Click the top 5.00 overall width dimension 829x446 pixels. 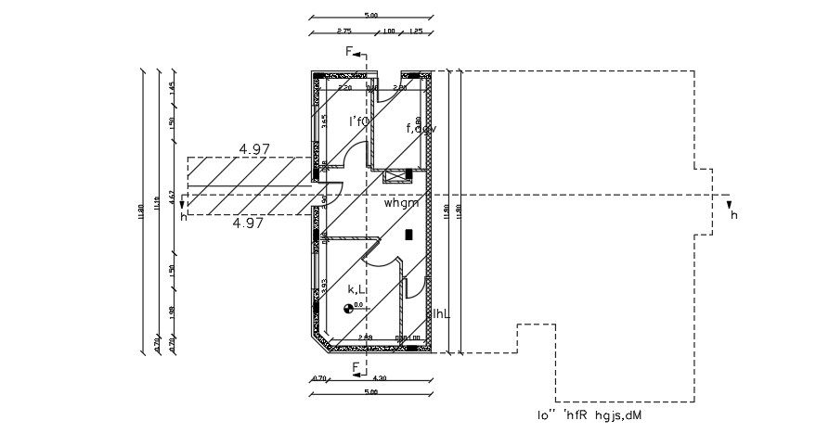[x=370, y=16]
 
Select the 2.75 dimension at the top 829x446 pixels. [x=343, y=32]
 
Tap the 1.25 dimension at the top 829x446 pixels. [x=416, y=32]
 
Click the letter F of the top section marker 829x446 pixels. [x=350, y=52]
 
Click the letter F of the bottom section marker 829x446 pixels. [x=356, y=368]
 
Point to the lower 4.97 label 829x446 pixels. [x=248, y=223]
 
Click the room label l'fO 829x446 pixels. [x=359, y=121]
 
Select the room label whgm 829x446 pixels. [x=403, y=201]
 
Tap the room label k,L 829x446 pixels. [x=356, y=290]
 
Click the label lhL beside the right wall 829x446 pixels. [x=441, y=314]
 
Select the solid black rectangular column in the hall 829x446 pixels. [x=409, y=236]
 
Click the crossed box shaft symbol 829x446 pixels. [x=398, y=173]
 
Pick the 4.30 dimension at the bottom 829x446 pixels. [x=380, y=377]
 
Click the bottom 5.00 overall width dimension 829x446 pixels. [x=370, y=392]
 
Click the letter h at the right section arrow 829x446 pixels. [x=733, y=215]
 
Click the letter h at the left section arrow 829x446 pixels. [x=184, y=217]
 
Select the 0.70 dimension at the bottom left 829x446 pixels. [x=318, y=377]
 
